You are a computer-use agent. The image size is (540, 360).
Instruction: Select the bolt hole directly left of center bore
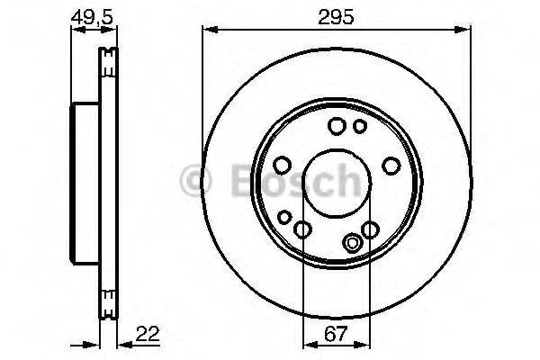pos(282,165)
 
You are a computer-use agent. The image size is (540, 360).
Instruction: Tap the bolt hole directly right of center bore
pos(391,165)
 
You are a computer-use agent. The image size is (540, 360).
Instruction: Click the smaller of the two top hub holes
pos(359,126)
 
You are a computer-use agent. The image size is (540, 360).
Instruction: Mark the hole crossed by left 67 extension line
pos(303,230)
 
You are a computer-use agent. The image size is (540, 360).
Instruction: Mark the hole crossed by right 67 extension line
pos(370,230)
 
